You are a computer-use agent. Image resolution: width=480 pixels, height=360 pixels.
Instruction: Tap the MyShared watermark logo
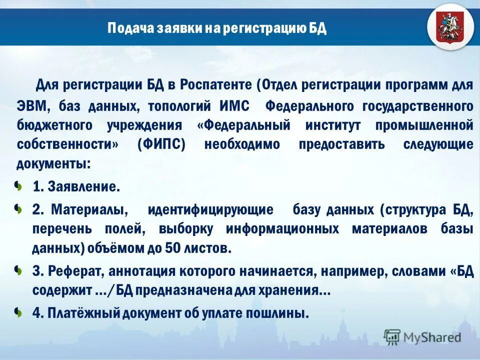pos(422,337)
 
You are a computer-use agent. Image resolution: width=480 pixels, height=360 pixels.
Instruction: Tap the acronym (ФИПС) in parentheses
pos(161,144)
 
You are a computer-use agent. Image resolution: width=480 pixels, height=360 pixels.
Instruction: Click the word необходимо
pos(242,144)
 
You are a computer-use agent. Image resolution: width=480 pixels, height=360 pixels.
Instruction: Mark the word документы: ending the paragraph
pos(54,164)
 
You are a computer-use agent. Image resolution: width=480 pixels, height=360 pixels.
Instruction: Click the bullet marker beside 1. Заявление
pos(18,187)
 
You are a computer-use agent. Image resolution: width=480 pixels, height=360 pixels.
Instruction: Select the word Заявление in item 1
pos(83,187)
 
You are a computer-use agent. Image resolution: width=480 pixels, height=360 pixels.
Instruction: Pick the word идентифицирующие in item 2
pos(210,209)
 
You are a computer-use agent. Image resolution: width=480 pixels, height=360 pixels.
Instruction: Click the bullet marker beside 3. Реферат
pos(18,270)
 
